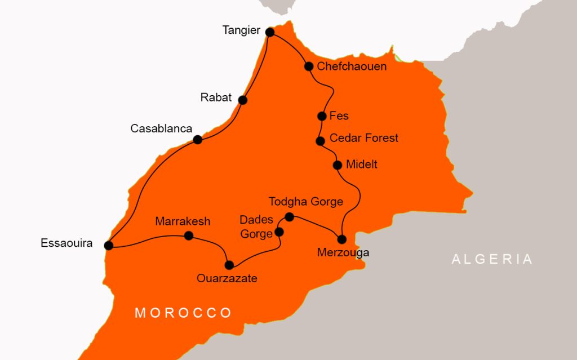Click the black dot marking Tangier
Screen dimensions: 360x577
point(270,32)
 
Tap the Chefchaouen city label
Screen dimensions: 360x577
point(352,66)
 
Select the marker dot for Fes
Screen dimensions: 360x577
point(322,116)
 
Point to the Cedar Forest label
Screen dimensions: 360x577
point(363,138)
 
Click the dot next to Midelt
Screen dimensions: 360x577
point(337,165)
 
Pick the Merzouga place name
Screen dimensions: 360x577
point(343,252)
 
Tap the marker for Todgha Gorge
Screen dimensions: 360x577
point(289,217)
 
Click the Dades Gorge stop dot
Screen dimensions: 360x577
point(278,232)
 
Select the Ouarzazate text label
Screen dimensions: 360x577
point(227,278)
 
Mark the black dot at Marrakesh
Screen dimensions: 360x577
point(189,235)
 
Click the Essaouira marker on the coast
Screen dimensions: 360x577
point(109,245)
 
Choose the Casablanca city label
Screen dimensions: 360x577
point(161,128)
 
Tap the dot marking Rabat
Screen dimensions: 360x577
point(242,100)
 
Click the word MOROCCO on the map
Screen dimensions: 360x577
point(183,313)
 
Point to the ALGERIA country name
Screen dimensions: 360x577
point(492,259)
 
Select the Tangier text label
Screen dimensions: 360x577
point(241,30)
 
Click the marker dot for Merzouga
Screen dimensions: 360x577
point(341,238)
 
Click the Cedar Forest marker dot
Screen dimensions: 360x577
point(320,141)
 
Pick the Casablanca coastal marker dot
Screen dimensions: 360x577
point(198,140)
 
